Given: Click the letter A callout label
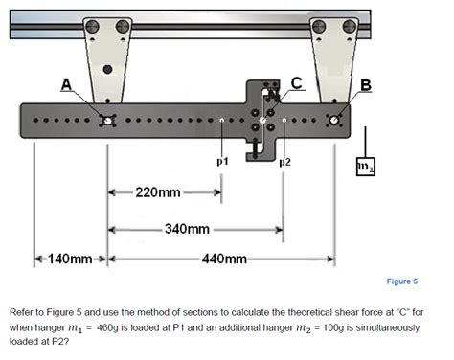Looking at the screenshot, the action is point(66,84).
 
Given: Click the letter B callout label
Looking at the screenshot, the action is point(366,85).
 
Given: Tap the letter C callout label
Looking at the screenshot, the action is point(297,83).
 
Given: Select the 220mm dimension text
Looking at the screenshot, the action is point(158,192).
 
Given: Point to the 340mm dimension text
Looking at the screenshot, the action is point(187,229).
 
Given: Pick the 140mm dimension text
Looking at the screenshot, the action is point(70,259).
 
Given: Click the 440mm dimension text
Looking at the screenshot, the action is point(224,259).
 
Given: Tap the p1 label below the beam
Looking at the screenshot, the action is point(222,162).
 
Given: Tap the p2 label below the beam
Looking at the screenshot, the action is point(285,163).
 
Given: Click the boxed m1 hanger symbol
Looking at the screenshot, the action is point(366,167).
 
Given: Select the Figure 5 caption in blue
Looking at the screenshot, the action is point(402,281).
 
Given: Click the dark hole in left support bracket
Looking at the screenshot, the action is point(108,69).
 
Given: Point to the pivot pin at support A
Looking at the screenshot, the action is point(108,121).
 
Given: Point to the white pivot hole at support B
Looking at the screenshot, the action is point(334,121).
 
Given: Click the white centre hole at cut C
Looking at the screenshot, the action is point(262,121).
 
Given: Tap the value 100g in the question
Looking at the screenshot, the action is point(333,327).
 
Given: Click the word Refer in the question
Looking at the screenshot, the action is point(22,312).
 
